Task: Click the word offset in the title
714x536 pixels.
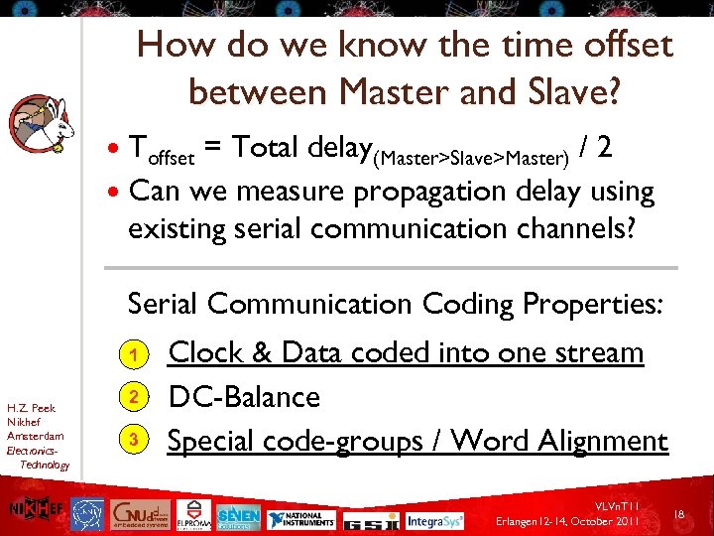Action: [617, 45]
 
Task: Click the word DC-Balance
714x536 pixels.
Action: [244, 397]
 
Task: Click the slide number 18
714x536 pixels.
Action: [680, 514]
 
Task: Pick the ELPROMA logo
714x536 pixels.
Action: [192, 517]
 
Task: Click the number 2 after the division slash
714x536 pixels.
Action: [604, 147]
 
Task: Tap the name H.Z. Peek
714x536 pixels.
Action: [31, 408]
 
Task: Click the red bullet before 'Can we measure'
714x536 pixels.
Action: [115, 191]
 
